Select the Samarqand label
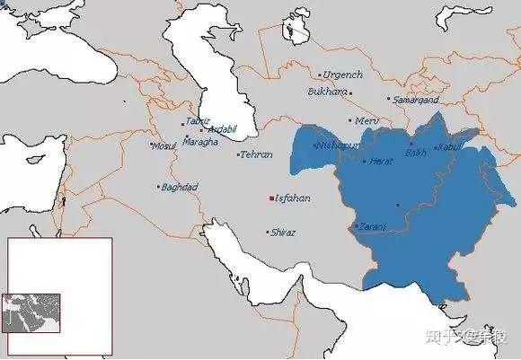tap(415, 101)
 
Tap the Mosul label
tap(164, 146)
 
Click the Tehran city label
tap(256, 155)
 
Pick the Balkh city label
tap(416, 154)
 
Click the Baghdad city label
tap(180, 188)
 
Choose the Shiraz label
tap(283, 233)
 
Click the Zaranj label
tap(373, 227)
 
